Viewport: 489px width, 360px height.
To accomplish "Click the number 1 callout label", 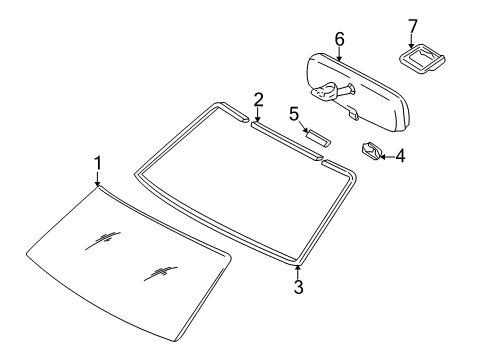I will pos(97,162).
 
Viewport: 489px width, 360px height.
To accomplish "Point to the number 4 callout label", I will pos(400,156).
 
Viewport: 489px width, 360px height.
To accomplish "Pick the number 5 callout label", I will pos(294,114).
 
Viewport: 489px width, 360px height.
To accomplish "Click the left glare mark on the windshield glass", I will pos(103,238).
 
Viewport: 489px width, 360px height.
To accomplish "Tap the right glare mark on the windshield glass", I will pos(160,270).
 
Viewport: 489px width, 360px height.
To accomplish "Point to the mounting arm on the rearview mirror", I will pos(333,93).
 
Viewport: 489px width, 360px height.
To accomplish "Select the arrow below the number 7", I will pos(411,40).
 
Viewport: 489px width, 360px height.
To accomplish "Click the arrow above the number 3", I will pos(297,270).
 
